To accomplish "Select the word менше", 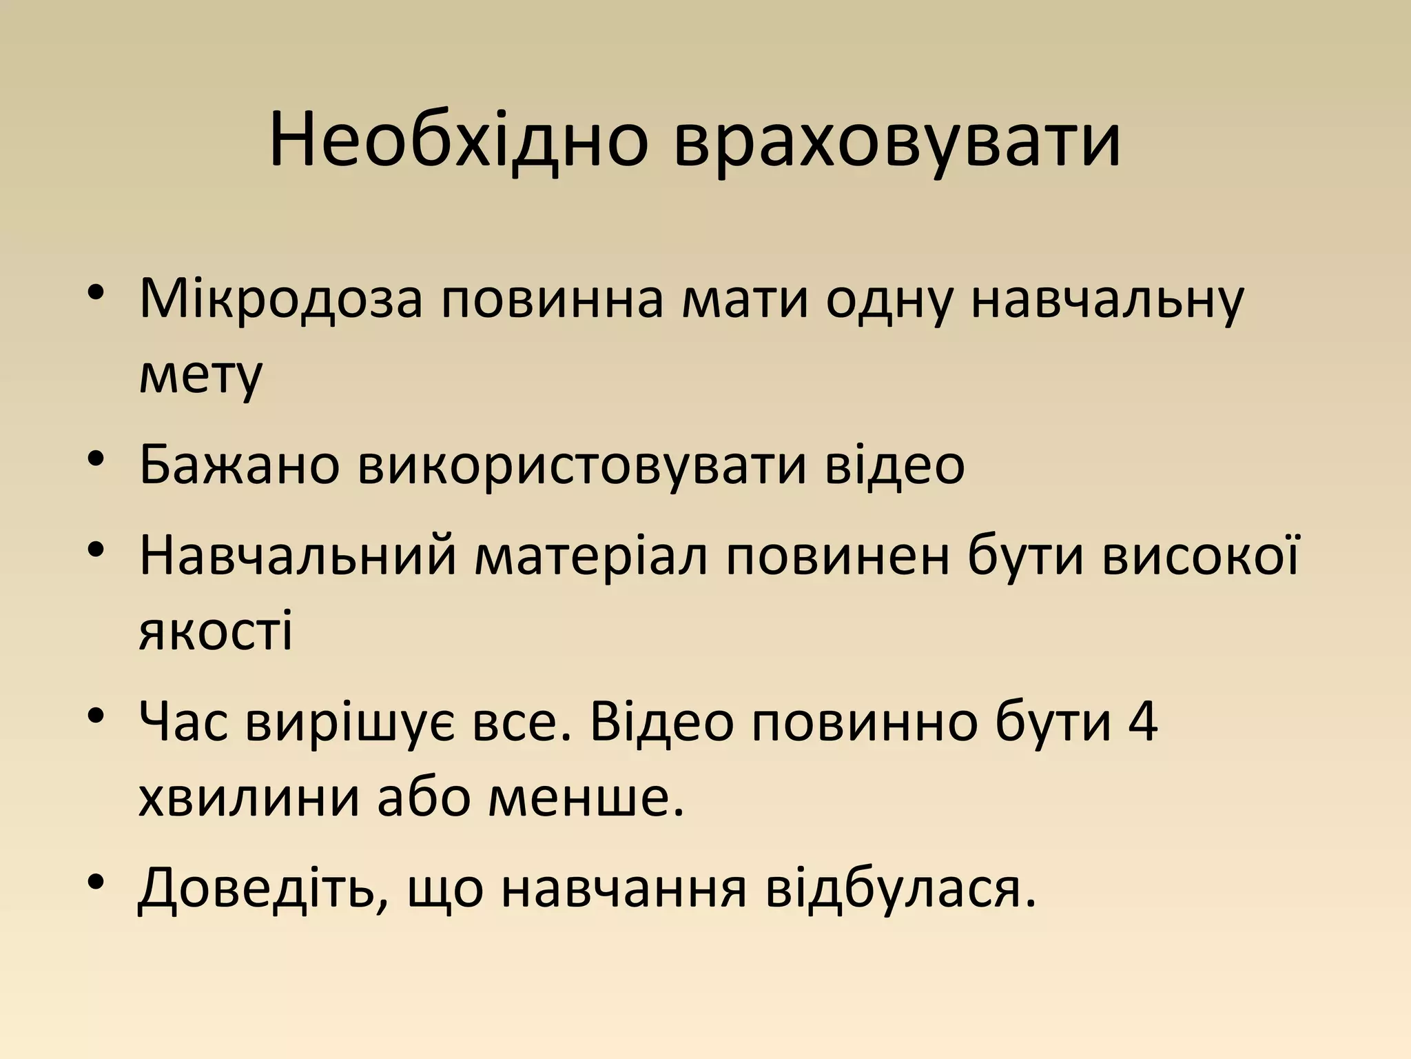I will (x=585, y=798).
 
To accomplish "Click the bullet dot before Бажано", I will (x=97, y=459).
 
